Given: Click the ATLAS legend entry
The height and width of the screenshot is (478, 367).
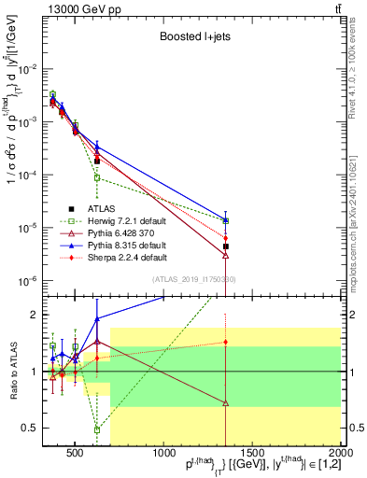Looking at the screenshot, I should coord(100,208).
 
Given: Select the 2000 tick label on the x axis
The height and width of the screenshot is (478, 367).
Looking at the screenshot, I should coord(340,455).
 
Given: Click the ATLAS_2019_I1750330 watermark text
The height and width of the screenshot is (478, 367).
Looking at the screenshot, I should coord(187,280).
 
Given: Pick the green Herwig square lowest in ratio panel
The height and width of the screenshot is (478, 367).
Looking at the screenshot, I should coord(97,429).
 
